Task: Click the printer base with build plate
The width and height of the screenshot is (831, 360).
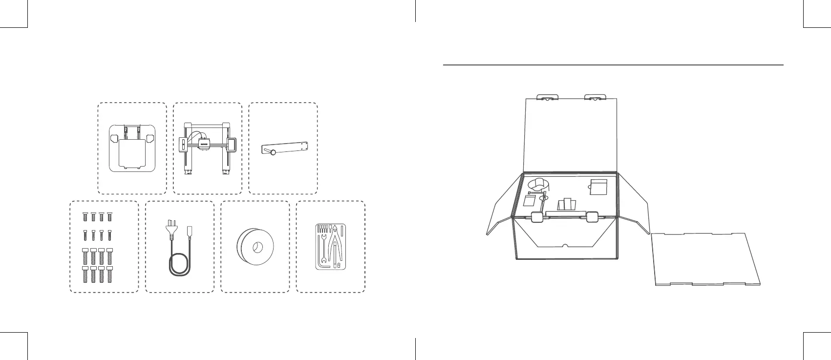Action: pyautogui.click(x=132, y=148)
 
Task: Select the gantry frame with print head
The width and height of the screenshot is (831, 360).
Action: pyautogui.click(x=207, y=148)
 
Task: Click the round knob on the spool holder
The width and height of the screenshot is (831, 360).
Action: pyautogui.click(x=273, y=153)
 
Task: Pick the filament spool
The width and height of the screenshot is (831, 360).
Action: pyautogui.click(x=255, y=247)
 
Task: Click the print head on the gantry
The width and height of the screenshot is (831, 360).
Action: pyautogui.click(x=204, y=144)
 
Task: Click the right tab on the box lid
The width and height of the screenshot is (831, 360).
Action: pyautogui.click(x=595, y=97)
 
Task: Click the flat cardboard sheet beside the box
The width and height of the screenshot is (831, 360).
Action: pyautogui.click(x=705, y=259)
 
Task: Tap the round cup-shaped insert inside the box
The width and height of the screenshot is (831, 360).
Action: pyautogui.click(x=539, y=185)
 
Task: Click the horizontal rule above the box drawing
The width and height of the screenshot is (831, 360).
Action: pyautogui.click(x=613, y=64)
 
